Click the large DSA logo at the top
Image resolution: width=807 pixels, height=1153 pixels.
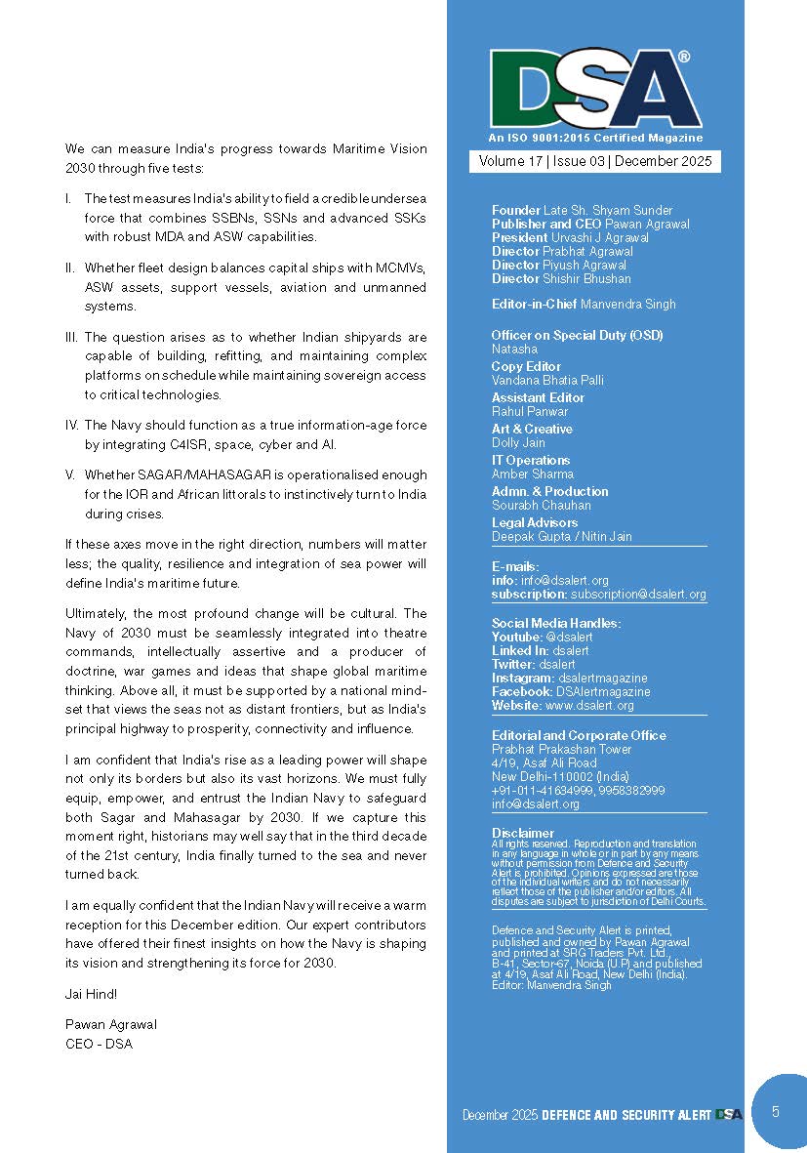595,90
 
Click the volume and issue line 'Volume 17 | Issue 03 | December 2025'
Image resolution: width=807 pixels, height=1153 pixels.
595,162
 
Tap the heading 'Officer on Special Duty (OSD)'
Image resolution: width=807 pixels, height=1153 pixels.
577,335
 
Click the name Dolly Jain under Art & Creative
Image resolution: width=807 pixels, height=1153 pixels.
518,443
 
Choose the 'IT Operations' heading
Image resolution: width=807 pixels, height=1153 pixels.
531,460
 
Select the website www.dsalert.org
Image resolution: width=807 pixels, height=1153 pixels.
589,705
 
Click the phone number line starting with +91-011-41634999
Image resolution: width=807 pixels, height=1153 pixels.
579,790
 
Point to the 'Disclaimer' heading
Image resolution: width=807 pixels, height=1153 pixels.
523,834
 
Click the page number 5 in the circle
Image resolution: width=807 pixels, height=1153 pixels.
775,1111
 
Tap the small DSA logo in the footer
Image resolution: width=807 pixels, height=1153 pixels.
729,1114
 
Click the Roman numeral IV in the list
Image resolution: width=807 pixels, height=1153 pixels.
71,426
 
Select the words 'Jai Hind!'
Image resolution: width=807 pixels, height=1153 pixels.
91,994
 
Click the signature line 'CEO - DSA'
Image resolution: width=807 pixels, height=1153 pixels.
99,1044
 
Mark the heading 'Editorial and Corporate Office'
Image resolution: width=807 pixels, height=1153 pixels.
579,735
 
